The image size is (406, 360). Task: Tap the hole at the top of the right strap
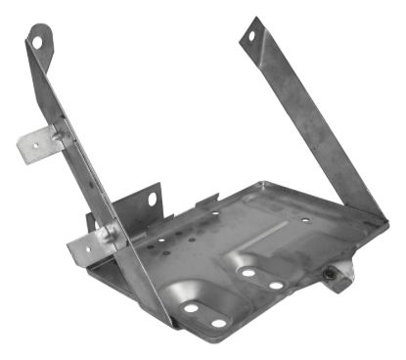250,36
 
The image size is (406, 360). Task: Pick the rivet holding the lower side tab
111,234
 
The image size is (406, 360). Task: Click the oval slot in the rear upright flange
153,199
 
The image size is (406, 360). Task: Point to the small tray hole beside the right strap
306,220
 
